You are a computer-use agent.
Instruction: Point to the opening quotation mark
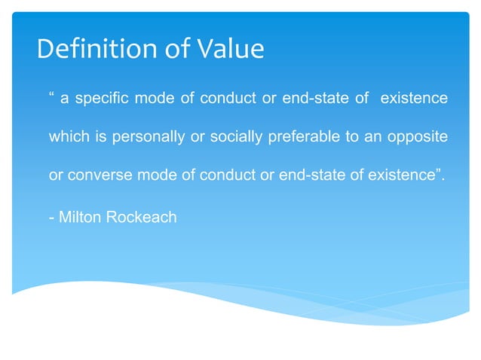(x=52, y=97)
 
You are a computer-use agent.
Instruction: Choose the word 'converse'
(x=96, y=178)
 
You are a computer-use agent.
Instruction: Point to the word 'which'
(x=66, y=139)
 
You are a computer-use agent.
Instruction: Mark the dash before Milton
(x=51, y=218)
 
